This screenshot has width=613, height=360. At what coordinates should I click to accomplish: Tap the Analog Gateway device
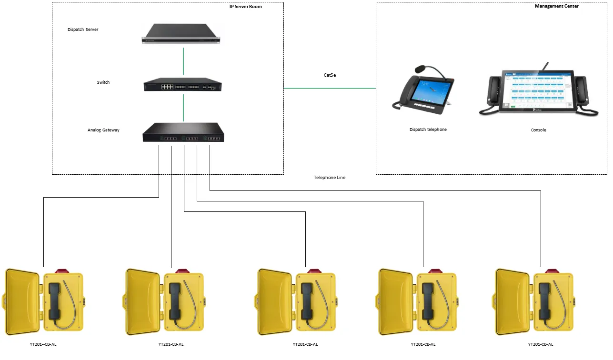click(183, 132)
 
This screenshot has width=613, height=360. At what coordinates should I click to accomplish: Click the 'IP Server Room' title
click(245, 7)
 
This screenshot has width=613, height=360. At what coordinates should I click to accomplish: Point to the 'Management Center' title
click(556, 6)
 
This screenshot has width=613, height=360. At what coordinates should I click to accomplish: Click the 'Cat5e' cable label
click(330, 75)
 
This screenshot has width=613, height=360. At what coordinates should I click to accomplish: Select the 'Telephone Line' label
click(330, 178)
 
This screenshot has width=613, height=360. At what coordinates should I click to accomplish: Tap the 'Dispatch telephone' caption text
click(428, 130)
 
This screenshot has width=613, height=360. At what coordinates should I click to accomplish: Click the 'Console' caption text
click(539, 130)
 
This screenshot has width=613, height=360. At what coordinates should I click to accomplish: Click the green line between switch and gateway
click(183, 108)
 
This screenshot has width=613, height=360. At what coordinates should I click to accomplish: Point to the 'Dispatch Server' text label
click(83, 30)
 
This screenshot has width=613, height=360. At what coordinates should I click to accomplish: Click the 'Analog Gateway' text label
click(103, 130)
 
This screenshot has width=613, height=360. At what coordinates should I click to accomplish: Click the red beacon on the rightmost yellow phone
click(552, 270)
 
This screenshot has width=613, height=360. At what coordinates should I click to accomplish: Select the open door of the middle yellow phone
click(275, 301)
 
